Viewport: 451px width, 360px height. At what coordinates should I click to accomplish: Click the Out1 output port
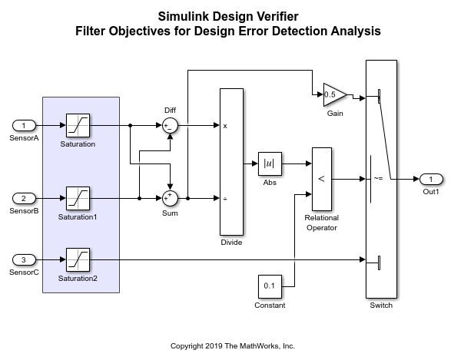point(431,179)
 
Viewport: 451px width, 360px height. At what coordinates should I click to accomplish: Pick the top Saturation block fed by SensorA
point(77,125)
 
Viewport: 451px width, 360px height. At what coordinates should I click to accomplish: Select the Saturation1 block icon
point(77,198)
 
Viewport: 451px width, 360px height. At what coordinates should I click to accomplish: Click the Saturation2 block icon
point(77,259)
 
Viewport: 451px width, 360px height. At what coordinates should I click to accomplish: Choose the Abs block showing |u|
point(270,163)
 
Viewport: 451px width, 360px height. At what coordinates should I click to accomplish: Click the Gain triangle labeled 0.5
point(333,95)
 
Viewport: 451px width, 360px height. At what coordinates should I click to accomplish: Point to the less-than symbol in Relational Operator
point(321,179)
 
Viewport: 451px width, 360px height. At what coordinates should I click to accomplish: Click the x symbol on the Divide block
point(225,126)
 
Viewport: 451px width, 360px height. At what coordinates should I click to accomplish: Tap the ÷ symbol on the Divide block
point(225,198)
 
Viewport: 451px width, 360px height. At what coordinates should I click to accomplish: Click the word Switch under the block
point(381,306)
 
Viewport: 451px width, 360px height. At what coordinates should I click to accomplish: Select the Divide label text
point(231,243)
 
